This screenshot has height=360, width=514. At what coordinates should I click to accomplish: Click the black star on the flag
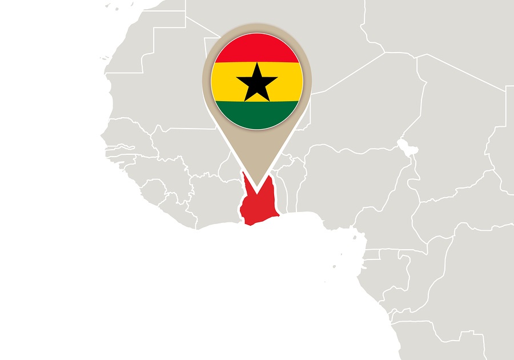click(x=256, y=81)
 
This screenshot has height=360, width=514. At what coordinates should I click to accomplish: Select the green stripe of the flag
click(x=256, y=114)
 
